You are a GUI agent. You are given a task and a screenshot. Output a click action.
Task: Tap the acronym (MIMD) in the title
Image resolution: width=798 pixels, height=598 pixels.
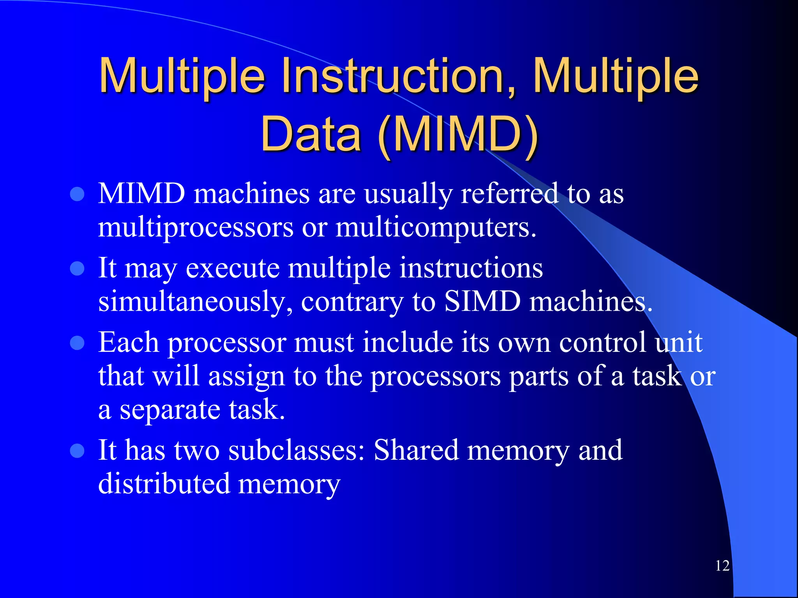coord(458,134)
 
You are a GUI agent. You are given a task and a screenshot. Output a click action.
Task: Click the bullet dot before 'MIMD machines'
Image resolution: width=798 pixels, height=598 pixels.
coord(77,194)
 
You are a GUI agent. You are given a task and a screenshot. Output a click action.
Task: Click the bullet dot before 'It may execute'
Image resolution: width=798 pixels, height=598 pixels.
coord(77,268)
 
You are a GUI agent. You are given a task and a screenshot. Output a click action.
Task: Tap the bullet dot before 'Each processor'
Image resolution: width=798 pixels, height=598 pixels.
coord(77,343)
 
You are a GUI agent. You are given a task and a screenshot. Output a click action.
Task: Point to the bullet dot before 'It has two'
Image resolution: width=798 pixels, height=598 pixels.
coord(77,450)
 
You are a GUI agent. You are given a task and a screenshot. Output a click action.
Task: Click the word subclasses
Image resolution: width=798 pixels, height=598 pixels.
coord(296,450)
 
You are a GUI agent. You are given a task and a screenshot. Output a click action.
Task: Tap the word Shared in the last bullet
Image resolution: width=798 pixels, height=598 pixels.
coord(416,450)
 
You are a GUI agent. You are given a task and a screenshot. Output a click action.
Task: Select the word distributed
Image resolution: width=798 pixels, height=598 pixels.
coord(164,484)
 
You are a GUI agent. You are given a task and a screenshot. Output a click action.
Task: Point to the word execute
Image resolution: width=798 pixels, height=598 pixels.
coord(233,268)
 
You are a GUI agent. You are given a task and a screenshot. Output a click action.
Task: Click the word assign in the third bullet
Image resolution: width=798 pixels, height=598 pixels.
coord(246,377)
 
